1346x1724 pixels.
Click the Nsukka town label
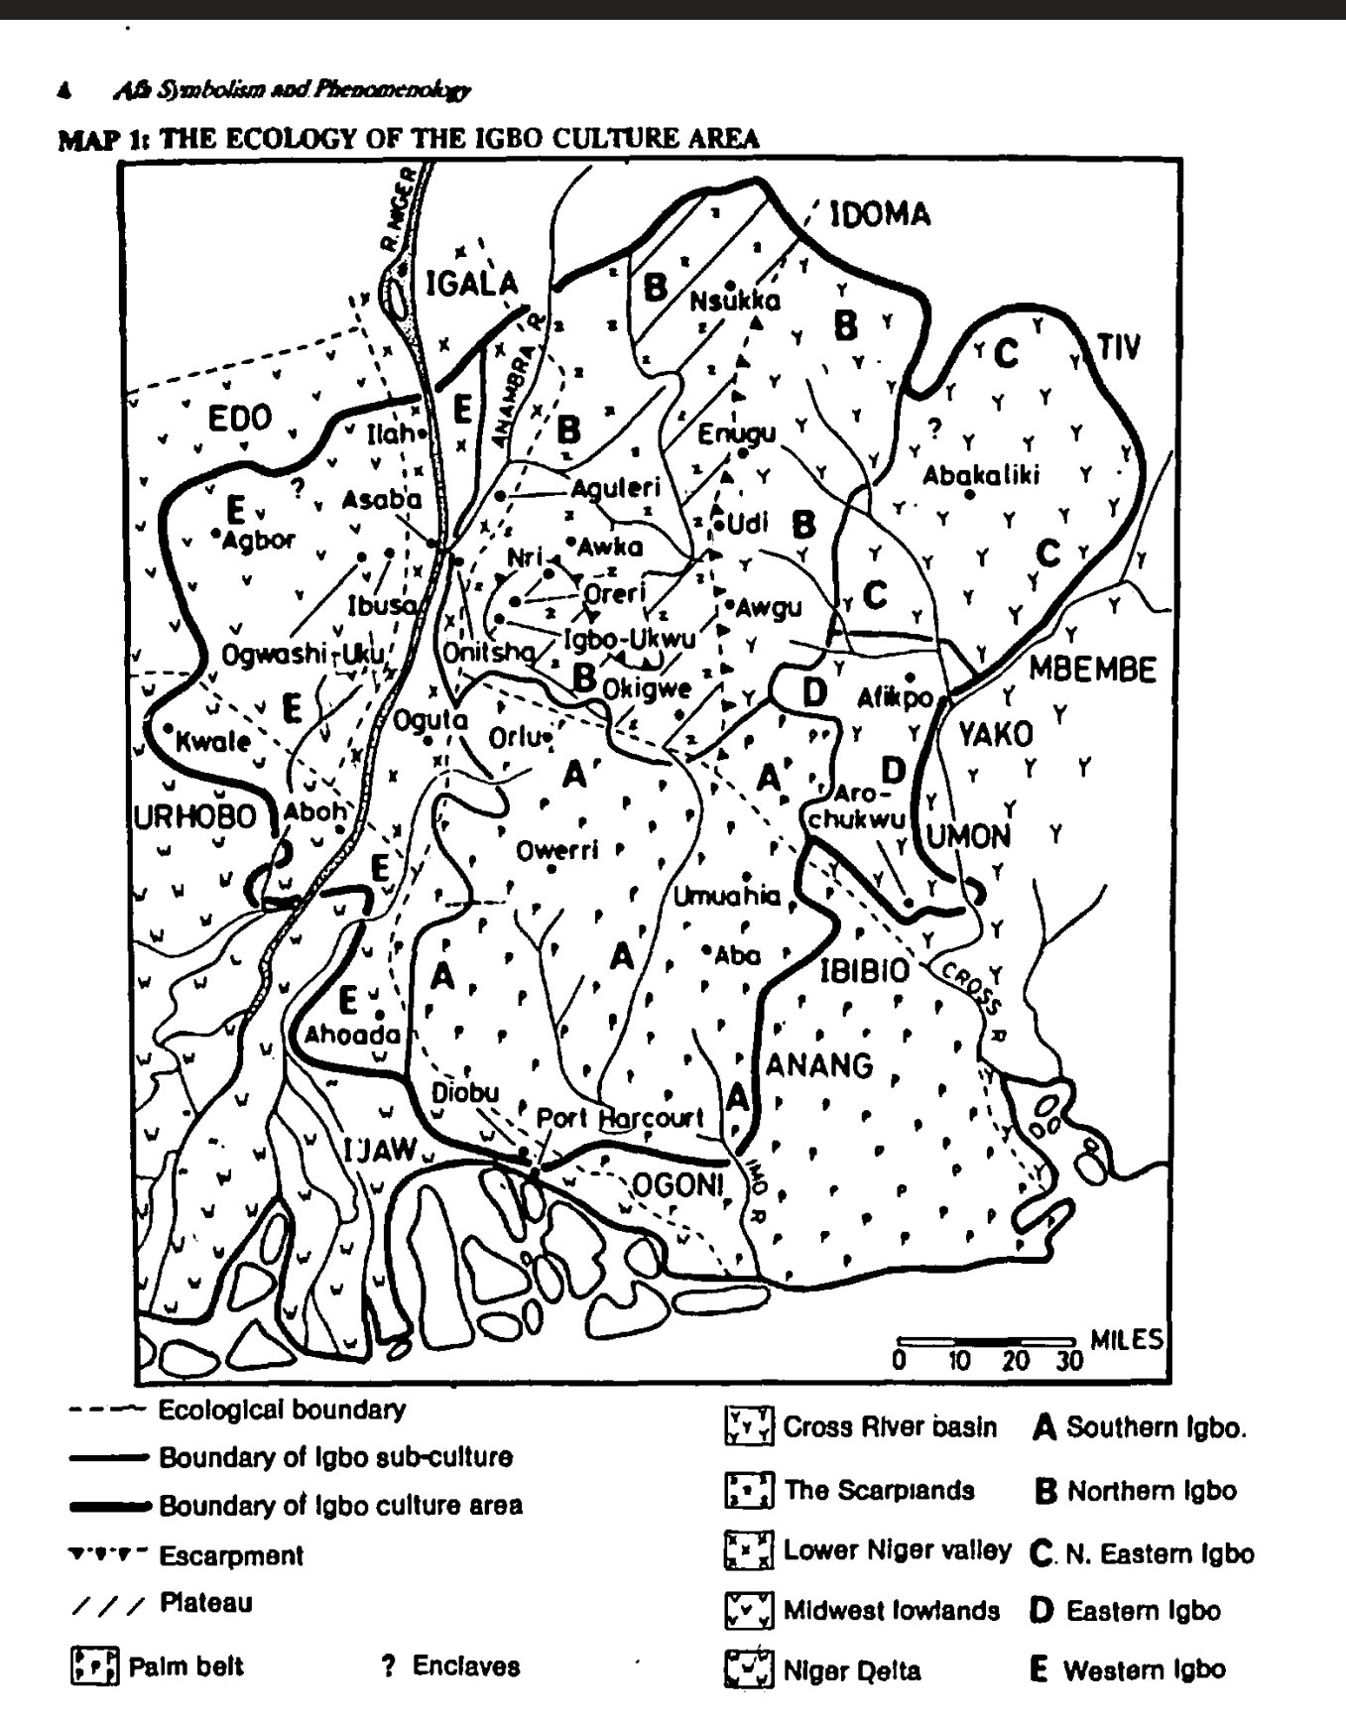point(735,302)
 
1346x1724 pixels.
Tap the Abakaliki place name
point(981,475)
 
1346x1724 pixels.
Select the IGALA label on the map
point(472,284)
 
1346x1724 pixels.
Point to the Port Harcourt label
point(620,1118)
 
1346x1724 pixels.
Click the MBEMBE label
point(1092,670)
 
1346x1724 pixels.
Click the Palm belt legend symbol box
point(94,1666)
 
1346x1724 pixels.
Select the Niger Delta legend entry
point(851,1671)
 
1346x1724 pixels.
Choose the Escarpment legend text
point(231,1555)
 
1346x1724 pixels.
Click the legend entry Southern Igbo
point(1155,1427)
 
